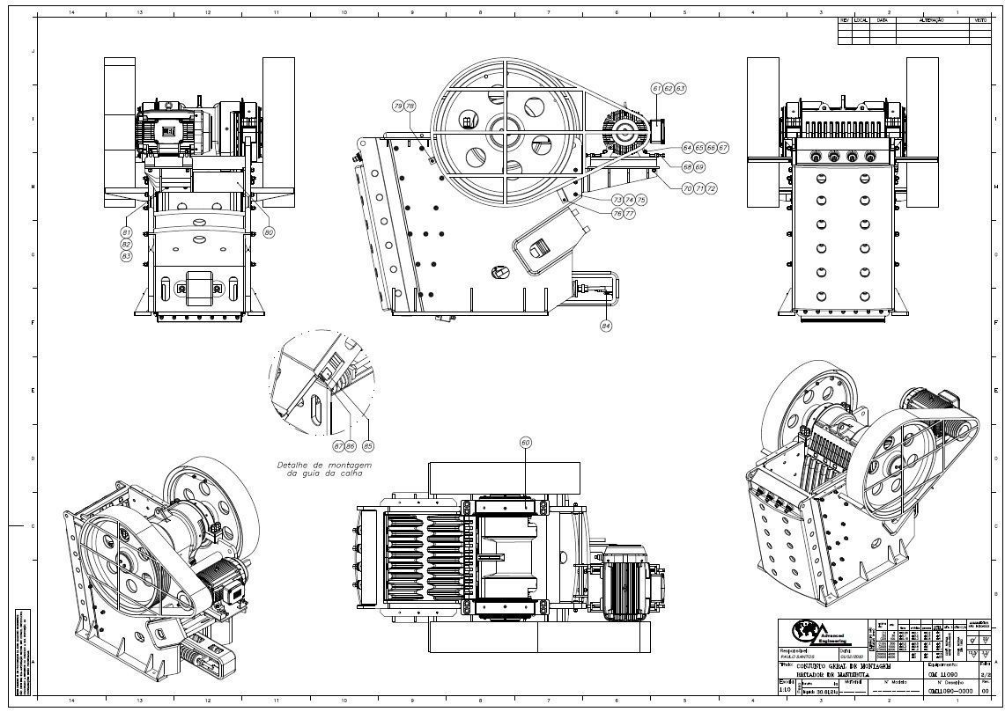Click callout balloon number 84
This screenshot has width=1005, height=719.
pos(606,326)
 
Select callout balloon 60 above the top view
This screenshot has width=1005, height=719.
pos(526,443)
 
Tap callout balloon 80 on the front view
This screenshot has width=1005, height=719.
pos(269,232)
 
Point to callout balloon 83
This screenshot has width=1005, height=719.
pos(127,255)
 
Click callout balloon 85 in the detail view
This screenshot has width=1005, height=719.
pos(368,446)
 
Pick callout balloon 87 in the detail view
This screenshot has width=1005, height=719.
pos(338,446)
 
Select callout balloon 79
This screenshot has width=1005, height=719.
pos(398,106)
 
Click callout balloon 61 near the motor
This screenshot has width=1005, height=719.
pos(657,89)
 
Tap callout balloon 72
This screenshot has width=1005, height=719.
pos(711,188)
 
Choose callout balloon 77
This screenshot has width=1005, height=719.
pos(629,214)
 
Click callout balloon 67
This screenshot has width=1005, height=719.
pos(723,148)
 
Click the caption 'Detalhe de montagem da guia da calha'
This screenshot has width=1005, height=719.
pos(325,469)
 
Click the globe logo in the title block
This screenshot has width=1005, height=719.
pos(804,631)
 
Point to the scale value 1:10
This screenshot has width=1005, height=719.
pos(786,691)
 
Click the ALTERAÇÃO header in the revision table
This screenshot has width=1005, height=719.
pos(931,19)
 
